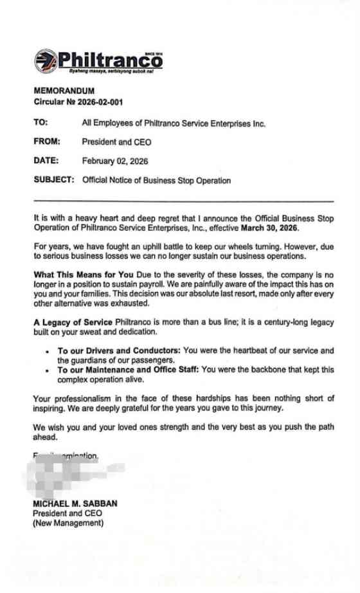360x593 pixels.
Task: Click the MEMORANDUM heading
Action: [64, 91]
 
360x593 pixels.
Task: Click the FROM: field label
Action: [47, 141]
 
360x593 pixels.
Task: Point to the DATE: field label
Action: [46, 161]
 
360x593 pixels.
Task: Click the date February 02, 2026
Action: [115, 161]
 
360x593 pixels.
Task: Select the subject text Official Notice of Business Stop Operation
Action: [156, 180]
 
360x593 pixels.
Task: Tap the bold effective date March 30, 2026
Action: [270, 228]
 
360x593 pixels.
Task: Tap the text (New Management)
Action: [68, 523]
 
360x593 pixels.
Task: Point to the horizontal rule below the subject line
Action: [184, 201]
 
